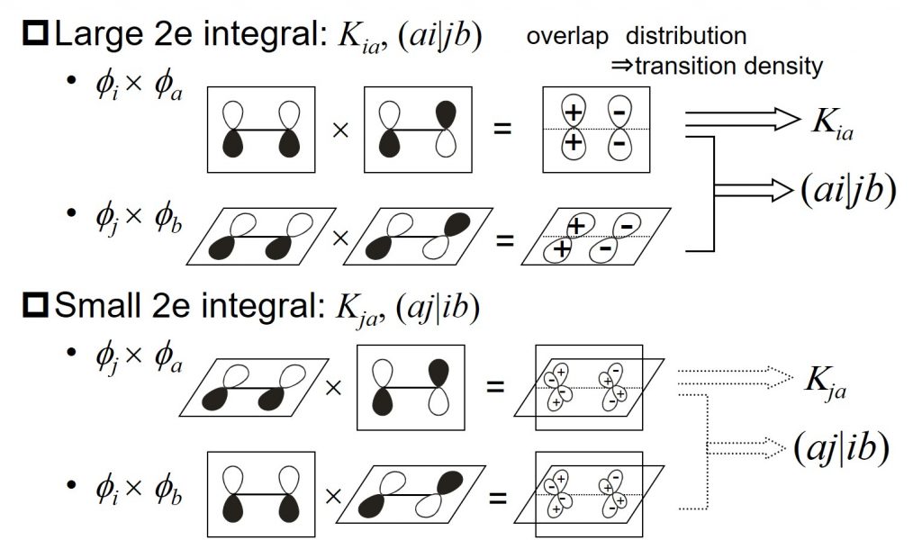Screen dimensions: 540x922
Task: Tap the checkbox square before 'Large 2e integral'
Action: [x=36, y=37]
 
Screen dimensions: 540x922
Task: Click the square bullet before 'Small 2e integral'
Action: [x=36, y=309]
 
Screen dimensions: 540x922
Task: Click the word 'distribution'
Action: [x=686, y=37]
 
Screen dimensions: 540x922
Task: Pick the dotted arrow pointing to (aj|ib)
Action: [x=747, y=444]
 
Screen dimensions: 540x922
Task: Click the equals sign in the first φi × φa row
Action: [x=502, y=129]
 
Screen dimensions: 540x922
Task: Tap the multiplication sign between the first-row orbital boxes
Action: [x=340, y=130]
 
